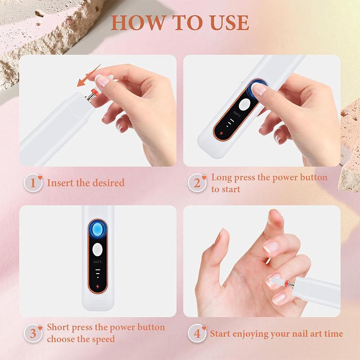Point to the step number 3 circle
pyautogui.click(x=33, y=333)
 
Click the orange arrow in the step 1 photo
pyautogui.click(x=89, y=75)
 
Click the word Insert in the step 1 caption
pyautogui.click(x=59, y=183)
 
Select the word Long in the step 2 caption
pyautogui.click(x=221, y=177)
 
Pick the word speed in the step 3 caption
pyautogui.click(x=103, y=339)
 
